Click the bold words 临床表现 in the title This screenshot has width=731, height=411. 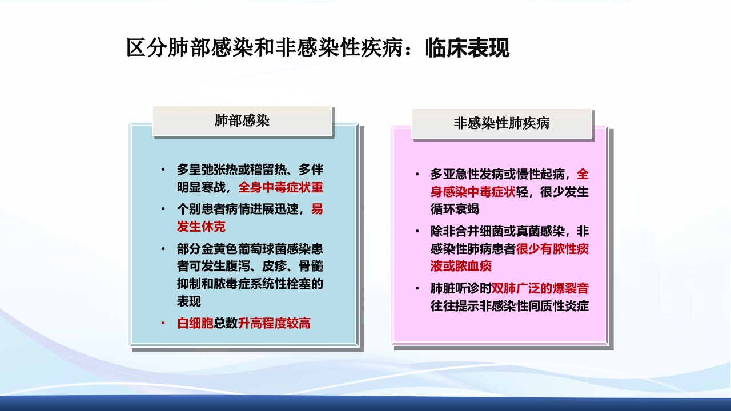tap(467, 48)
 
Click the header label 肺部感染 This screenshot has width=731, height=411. tap(242, 120)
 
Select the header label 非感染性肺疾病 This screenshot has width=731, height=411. tap(501, 123)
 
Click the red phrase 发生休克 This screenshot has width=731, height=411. tap(201, 227)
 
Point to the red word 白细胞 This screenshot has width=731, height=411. tap(195, 323)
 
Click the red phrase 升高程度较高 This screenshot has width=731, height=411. tap(274, 323)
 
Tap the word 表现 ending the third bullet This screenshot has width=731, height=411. tap(188, 301)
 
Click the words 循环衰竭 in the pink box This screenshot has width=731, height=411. tap(455, 209)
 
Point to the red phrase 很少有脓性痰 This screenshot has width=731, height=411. tap(552, 249)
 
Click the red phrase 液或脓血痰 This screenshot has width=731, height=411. tap(461, 266)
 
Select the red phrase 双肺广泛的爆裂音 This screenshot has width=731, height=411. tap(540, 288)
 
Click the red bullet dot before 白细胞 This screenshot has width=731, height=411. tap(163, 323)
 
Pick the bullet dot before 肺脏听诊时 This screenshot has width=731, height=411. tap(417, 288)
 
